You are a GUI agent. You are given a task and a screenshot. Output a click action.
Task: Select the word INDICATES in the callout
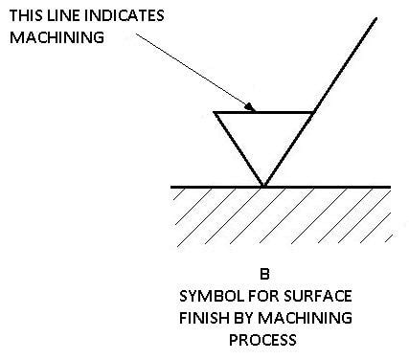126,16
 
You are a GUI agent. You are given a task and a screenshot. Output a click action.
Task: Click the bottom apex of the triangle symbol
263,185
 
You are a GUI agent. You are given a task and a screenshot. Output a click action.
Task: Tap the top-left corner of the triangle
215,113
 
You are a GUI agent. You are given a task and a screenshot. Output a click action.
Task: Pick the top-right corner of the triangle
313,113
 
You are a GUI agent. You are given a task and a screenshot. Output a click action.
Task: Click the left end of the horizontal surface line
171,186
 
